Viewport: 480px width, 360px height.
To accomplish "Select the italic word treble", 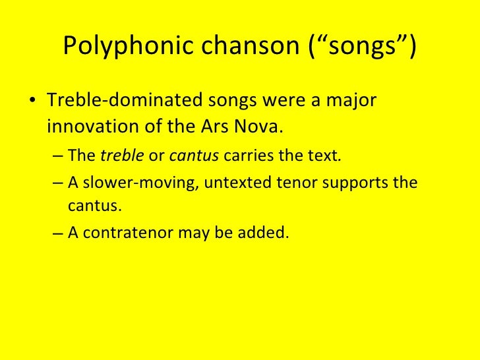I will point(117,156).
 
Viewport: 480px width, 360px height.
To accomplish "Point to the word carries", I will point(247,156).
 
